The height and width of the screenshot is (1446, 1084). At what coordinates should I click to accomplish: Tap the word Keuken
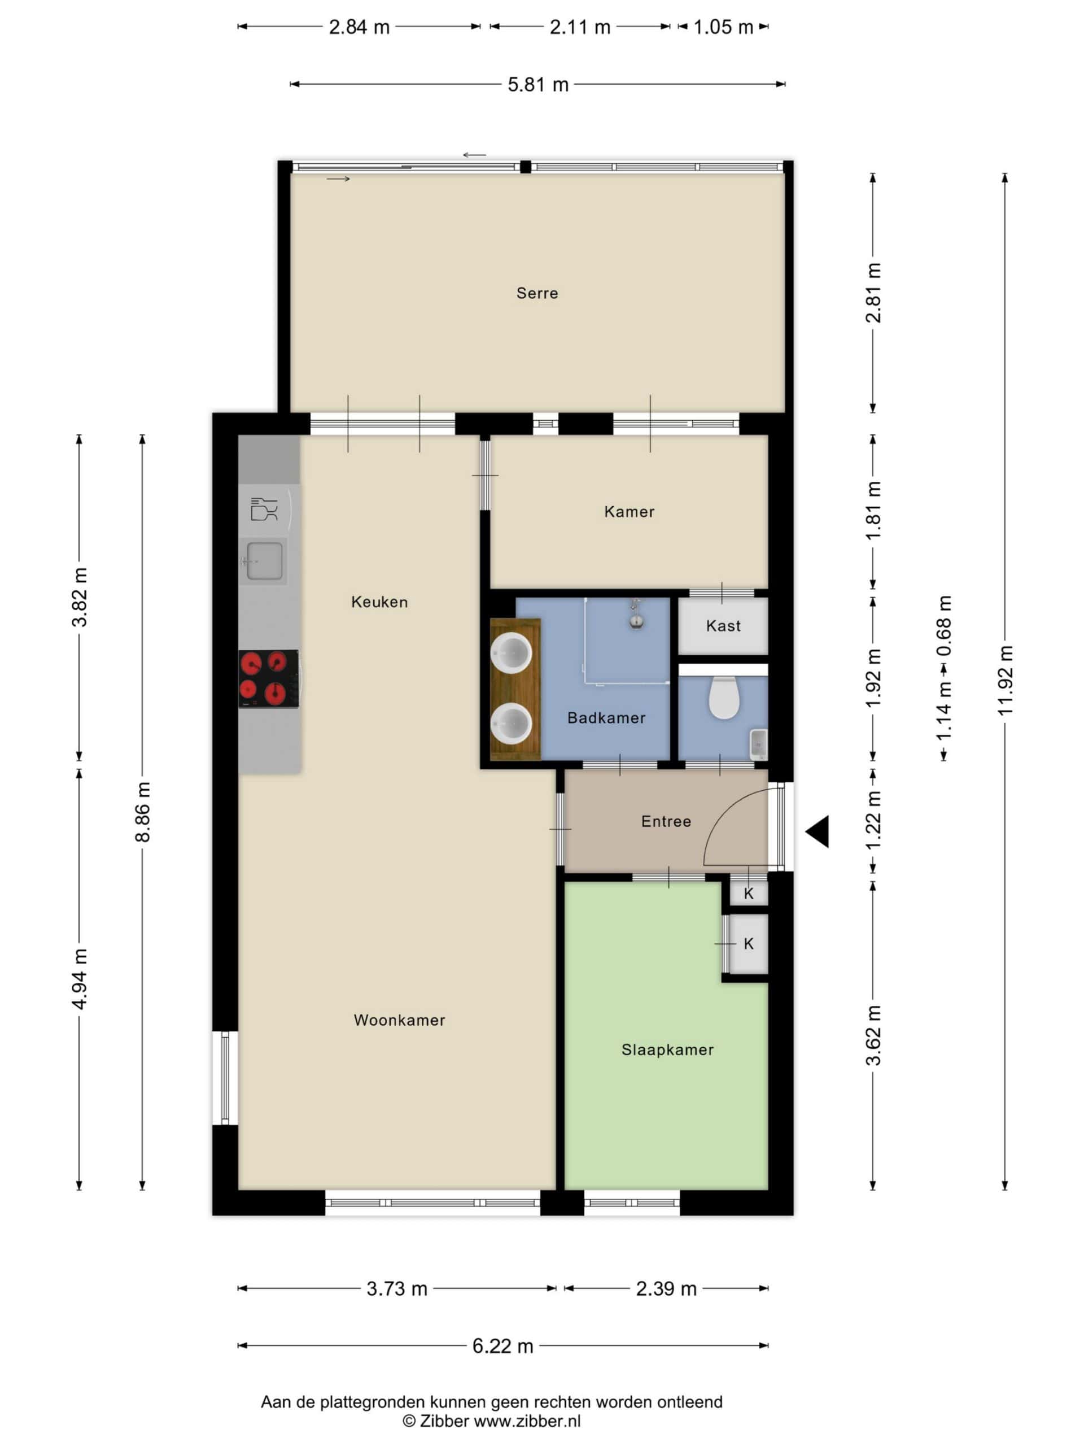[379, 602]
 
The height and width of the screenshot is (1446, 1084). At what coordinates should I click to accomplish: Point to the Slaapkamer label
[667, 1049]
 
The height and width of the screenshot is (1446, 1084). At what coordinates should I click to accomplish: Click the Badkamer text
[606, 718]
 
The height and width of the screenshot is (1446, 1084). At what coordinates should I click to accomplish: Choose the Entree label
[666, 821]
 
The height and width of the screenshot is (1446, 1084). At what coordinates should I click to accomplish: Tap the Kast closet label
[723, 626]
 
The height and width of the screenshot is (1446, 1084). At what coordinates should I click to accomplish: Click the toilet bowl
[723, 697]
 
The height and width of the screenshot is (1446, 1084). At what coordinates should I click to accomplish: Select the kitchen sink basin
[264, 561]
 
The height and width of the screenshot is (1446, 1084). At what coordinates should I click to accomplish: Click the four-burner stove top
[269, 678]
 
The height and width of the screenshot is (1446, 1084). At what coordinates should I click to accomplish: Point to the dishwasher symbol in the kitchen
[265, 509]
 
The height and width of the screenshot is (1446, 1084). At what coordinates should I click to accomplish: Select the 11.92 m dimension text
[1004, 680]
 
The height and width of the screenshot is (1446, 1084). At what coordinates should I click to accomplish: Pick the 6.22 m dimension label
[502, 1346]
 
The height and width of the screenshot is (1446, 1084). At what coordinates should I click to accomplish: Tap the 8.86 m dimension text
[142, 811]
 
